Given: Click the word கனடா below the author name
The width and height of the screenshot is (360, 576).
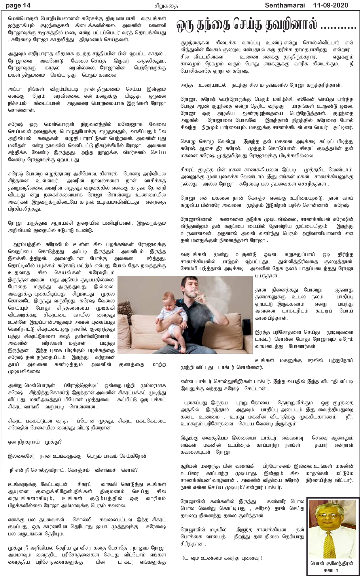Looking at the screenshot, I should pyautogui.click(x=333, y=570).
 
